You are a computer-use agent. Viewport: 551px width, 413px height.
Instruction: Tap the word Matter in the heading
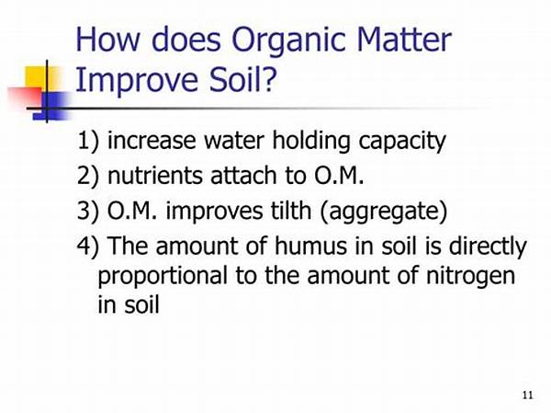[404, 39]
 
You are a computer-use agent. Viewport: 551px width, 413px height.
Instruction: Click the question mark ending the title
[269, 79]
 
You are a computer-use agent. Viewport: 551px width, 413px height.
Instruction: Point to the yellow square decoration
[41, 80]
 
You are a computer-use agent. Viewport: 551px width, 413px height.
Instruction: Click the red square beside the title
[26, 98]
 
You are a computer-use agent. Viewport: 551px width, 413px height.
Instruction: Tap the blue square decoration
[51, 106]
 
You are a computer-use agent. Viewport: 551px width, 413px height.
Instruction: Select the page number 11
[528, 395]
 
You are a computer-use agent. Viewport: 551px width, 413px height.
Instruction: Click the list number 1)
[88, 141]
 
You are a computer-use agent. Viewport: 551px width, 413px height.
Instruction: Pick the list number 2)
[88, 176]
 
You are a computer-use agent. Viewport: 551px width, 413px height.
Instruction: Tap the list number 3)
[88, 211]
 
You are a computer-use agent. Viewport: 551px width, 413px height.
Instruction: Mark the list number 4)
[88, 247]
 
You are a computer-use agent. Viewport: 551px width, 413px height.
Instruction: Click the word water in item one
[234, 141]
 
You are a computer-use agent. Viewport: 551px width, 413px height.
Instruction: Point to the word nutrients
[155, 176]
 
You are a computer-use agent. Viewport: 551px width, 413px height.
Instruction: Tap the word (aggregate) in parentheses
[384, 212]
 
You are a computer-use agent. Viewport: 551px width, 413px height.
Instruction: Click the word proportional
[163, 277]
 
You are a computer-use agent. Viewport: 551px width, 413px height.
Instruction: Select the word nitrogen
[470, 277]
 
